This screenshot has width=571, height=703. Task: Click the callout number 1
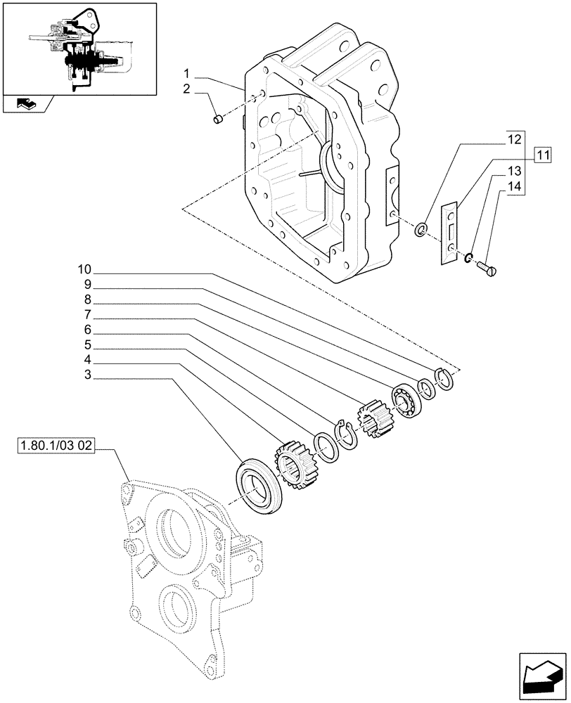(186, 73)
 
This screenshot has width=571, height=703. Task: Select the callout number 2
(186, 89)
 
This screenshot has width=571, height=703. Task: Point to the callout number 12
(515, 139)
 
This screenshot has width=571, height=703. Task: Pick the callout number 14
(515, 186)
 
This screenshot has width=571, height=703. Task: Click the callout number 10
(84, 269)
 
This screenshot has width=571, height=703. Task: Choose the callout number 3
(87, 375)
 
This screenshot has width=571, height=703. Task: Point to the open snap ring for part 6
(345, 434)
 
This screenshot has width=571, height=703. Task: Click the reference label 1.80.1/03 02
(62, 445)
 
